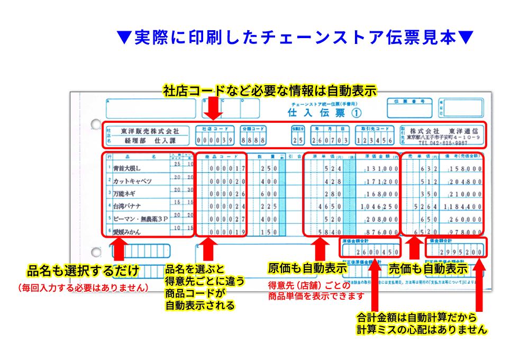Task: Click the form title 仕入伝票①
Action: pyautogui.click(x=324, y=113)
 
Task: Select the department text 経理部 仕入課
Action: pyautogui.click(x=150, y=141)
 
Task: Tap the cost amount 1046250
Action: pyautogui.click(x=379, y=206)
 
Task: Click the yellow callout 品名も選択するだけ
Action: pyautogui.click(x=83, y=271)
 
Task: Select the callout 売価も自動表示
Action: pyautogui.click(x=428, y=268)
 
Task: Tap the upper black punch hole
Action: pyautogui.click(x=96, y=125)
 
